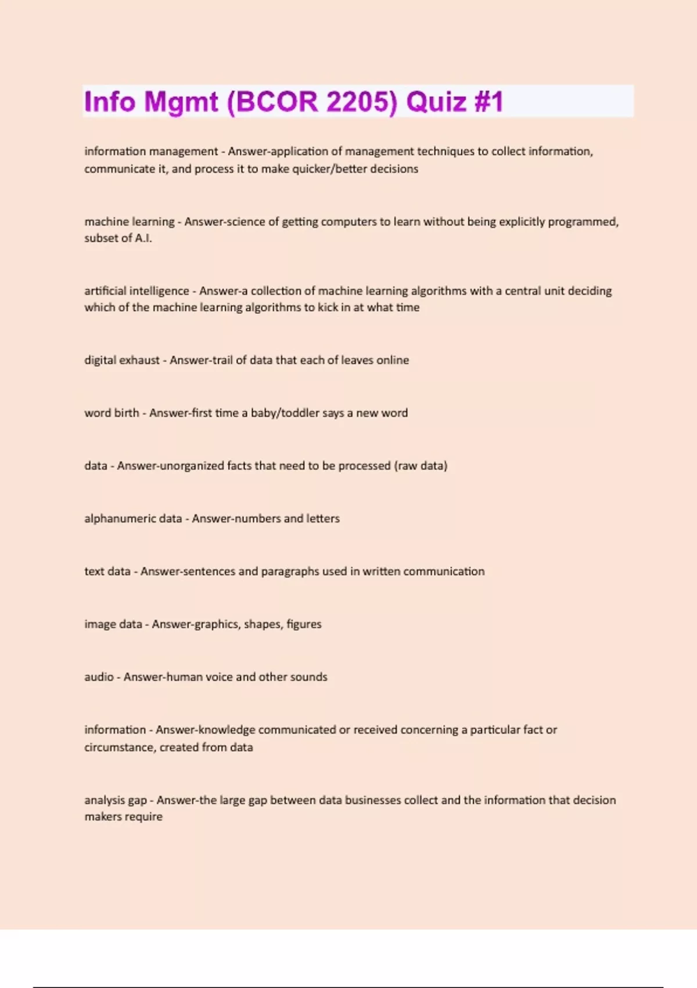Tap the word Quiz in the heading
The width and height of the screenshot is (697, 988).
coord(436,102)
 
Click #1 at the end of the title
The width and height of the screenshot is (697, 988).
coord(488,102)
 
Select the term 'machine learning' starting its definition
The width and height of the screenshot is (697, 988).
coord(129,221)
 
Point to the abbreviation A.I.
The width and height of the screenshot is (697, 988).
coord(143,238)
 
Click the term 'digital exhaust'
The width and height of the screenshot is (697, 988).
coord(121,360)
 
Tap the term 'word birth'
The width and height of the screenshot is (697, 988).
coord(112,413)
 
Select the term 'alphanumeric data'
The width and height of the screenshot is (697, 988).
coord(133,518)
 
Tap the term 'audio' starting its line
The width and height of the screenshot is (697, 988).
coord(99,677)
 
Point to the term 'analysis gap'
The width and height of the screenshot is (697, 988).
coord(115,800)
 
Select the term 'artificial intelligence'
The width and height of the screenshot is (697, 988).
coord(136,291)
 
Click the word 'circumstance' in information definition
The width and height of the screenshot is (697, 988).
coord(120,747)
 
